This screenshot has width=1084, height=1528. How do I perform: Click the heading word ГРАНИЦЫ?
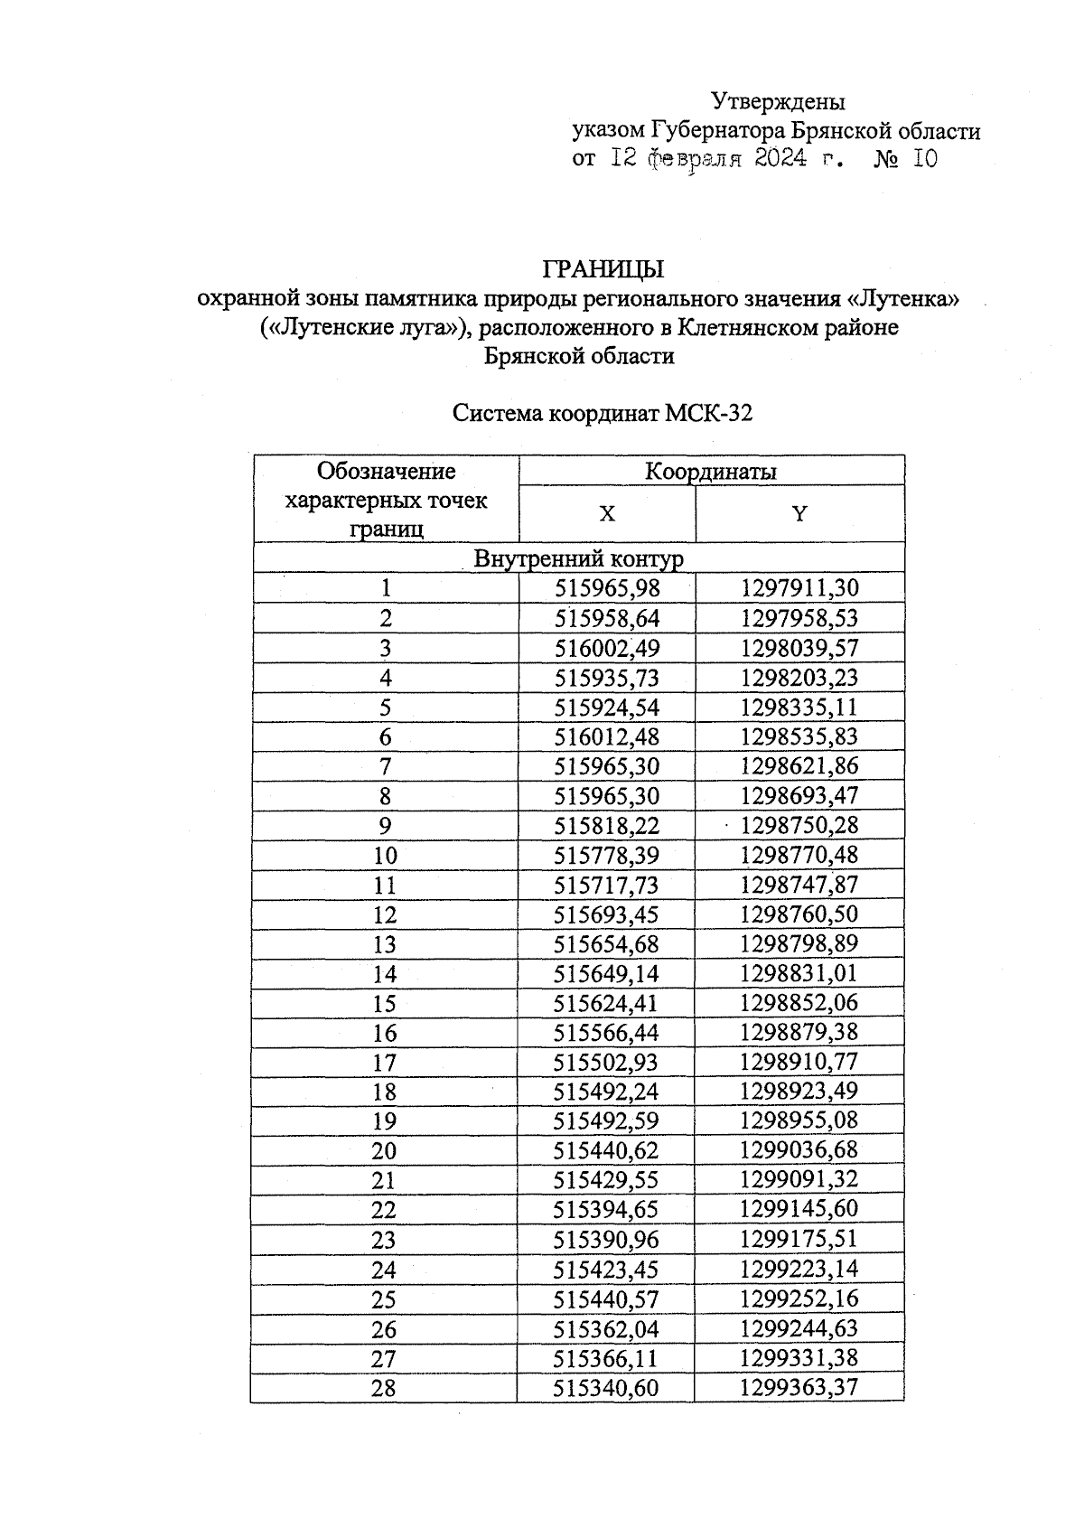[603, 269]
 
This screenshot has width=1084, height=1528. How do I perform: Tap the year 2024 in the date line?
[780, 160]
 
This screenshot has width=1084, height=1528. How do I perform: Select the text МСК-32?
[709, 414]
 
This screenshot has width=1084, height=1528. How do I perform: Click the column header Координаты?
[710, 471]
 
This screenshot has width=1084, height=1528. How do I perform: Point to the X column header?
[607, 514]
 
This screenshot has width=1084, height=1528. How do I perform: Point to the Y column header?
[799, 514]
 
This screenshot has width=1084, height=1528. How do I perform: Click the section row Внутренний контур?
[578, 558]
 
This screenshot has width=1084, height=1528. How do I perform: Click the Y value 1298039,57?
[799, 649]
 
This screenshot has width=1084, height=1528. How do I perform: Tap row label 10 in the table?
[385, 856]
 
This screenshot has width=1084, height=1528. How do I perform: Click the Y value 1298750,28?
[799, 826]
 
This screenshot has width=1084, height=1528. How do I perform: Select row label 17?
[385, 1063]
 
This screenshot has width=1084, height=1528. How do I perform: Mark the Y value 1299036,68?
[799, 1151]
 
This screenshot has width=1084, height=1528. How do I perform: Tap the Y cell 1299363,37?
[799, 1388]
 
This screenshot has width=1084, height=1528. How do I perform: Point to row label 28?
[384, 1388]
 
